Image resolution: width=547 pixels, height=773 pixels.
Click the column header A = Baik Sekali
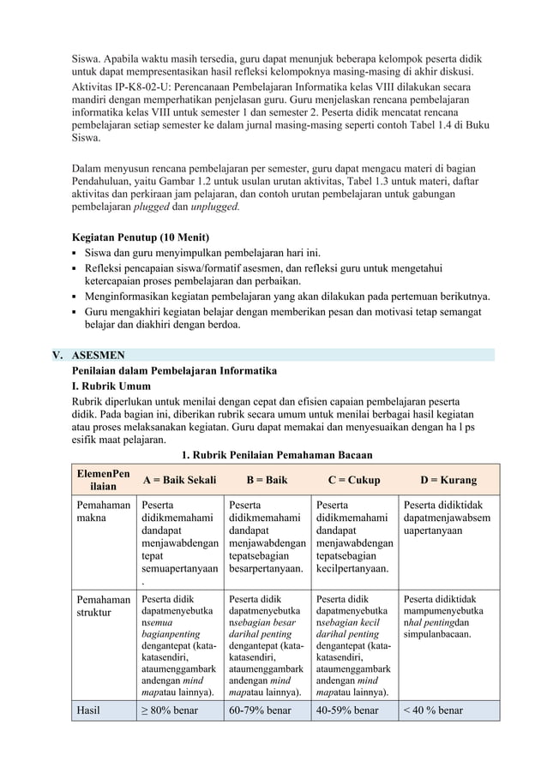(x=179, y=480)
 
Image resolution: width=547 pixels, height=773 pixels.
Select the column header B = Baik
(x=267, y=480)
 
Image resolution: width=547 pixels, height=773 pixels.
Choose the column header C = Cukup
(x=354, y=480)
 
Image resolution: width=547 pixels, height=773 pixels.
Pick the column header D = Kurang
(x=448, y=480)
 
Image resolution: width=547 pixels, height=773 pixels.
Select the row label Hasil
(x=88, y=710)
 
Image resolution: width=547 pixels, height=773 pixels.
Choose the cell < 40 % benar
(x=433, y=710)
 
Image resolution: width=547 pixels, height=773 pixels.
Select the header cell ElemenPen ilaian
(x=103, y=480)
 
